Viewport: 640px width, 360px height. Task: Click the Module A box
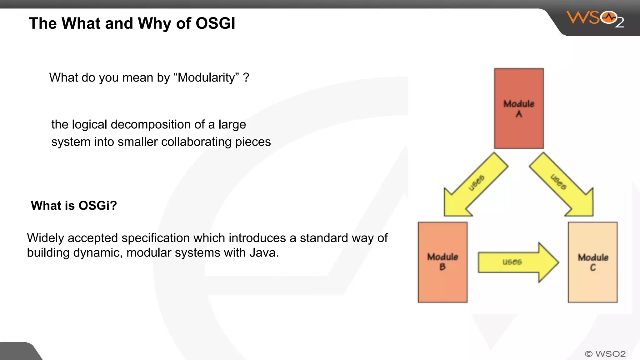click(519, 108)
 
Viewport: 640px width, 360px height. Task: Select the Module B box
click(442, 262)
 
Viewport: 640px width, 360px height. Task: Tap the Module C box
click(592, 262)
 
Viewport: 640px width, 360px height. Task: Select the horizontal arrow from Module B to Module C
click(517, 262)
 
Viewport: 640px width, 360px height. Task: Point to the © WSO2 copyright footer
click(605, 354)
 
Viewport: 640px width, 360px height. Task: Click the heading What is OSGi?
click(74, 206)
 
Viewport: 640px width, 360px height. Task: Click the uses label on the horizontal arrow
click(512, 262)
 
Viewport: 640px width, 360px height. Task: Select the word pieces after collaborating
click(253, 142)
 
